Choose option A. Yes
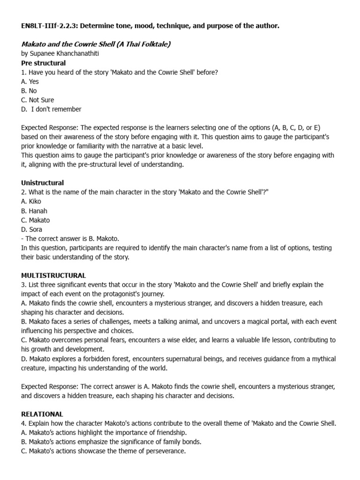coord(30,82)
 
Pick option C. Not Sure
coord(37,100)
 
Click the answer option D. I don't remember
coord(52,109)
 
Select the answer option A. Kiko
coord(31,202)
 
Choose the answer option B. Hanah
coord(34,211)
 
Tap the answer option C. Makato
coord(36,220)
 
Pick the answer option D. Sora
coord(32,230)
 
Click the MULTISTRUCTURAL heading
coord(53,275)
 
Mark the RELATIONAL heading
coord(42,414)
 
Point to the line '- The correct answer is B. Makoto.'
coord(70,239)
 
